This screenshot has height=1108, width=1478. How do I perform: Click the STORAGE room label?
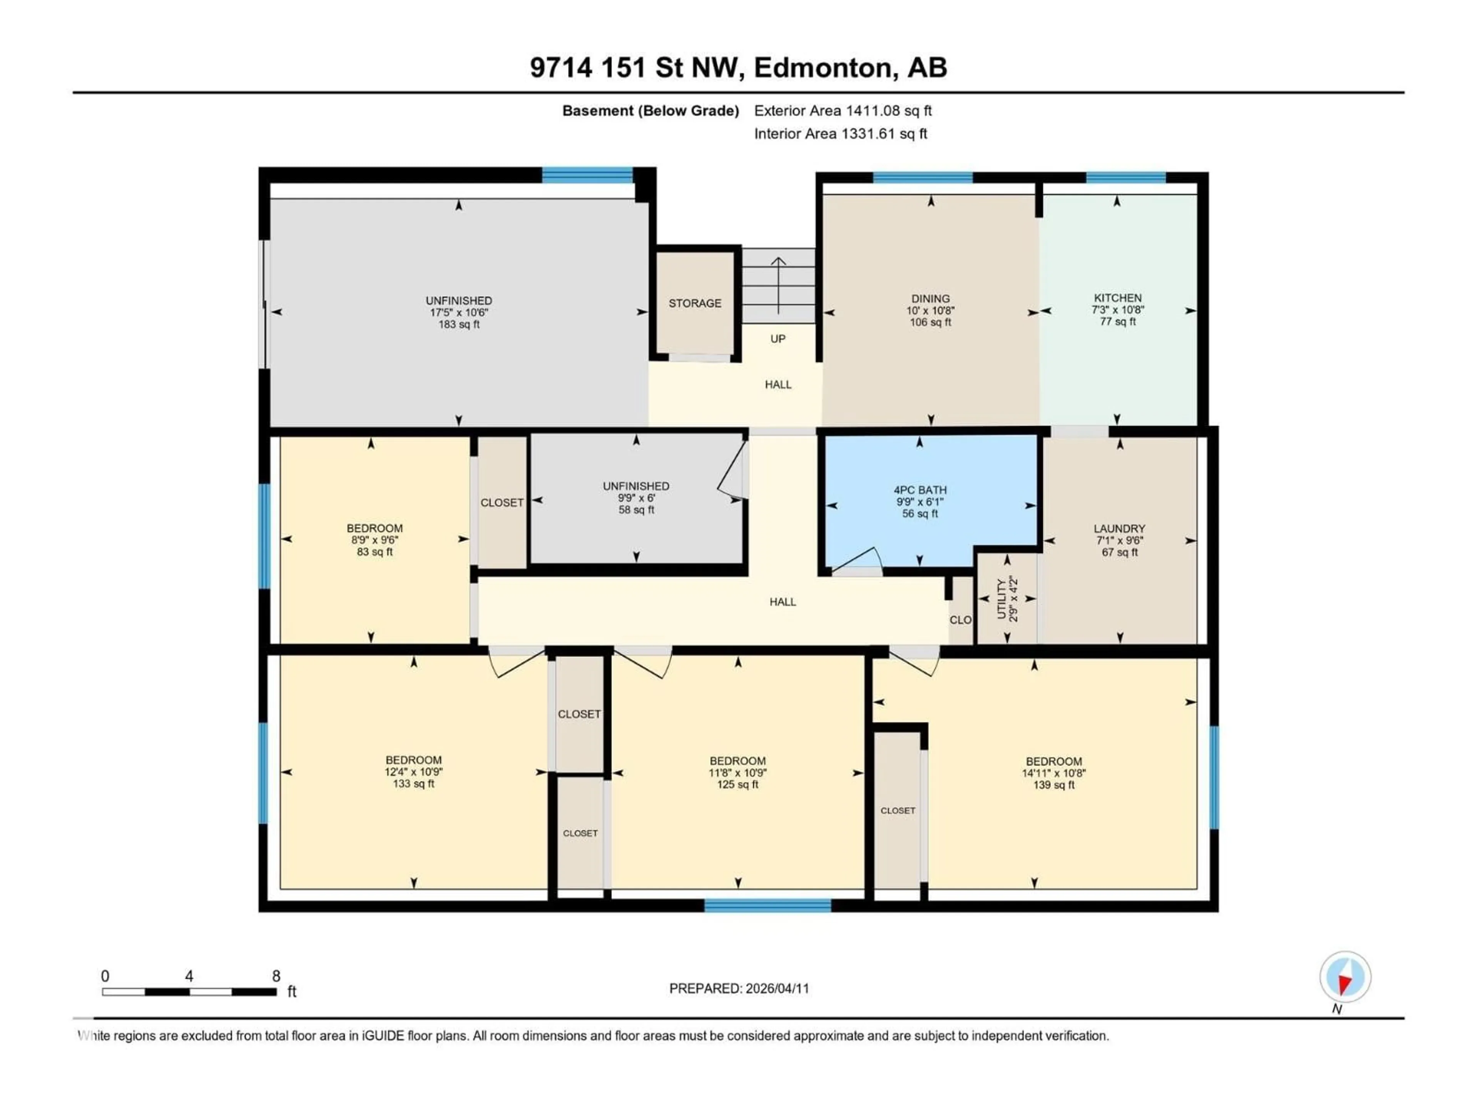[x=695, y=303]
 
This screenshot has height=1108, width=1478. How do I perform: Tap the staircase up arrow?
[x=778, y=284]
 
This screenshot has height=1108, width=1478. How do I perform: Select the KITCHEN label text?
[x=1117, y=298]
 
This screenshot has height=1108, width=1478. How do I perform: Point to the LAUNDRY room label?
[x=1119, y=528]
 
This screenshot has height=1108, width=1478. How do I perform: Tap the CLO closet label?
[x=960, y=620]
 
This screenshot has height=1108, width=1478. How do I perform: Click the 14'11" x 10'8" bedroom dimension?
[x=1054, y=773]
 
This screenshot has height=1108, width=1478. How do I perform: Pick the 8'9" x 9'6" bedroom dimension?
[x=374, y=540]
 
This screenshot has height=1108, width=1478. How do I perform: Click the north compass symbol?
[x=1345, y=977]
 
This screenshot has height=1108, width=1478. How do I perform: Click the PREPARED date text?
[x=739, y=988]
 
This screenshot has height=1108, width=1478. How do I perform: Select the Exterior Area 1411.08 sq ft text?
[x=843, y=111]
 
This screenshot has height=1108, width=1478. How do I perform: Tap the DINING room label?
[x=930, y=299]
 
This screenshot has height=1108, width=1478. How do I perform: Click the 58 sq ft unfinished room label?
[x=636, y=510]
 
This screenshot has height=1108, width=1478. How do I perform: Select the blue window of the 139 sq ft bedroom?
[x=1214, y=778]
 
